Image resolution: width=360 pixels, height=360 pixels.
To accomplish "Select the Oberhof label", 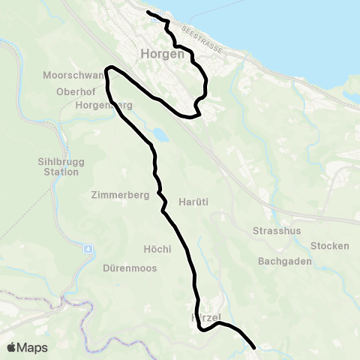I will tap(73, 91).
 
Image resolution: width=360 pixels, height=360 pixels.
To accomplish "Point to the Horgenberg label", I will tap(103, 105).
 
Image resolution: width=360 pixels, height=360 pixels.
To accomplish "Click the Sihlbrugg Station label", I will tap(58, 166).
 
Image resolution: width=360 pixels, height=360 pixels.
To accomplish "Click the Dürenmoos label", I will tap(129, 267).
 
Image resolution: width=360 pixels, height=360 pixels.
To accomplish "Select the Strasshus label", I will tap(277, 230).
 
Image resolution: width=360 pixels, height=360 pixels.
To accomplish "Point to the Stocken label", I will tap(330, 246).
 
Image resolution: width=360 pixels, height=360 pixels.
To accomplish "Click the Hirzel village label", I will tap(204, 318).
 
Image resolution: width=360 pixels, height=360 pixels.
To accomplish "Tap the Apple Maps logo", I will tap(27, 347).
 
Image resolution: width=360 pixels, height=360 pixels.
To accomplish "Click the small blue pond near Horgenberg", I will tap(159, 136).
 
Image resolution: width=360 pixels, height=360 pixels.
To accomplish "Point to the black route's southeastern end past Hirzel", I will tap(255, 348).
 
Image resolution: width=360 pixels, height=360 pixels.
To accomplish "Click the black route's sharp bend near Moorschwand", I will tap(109, 69).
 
